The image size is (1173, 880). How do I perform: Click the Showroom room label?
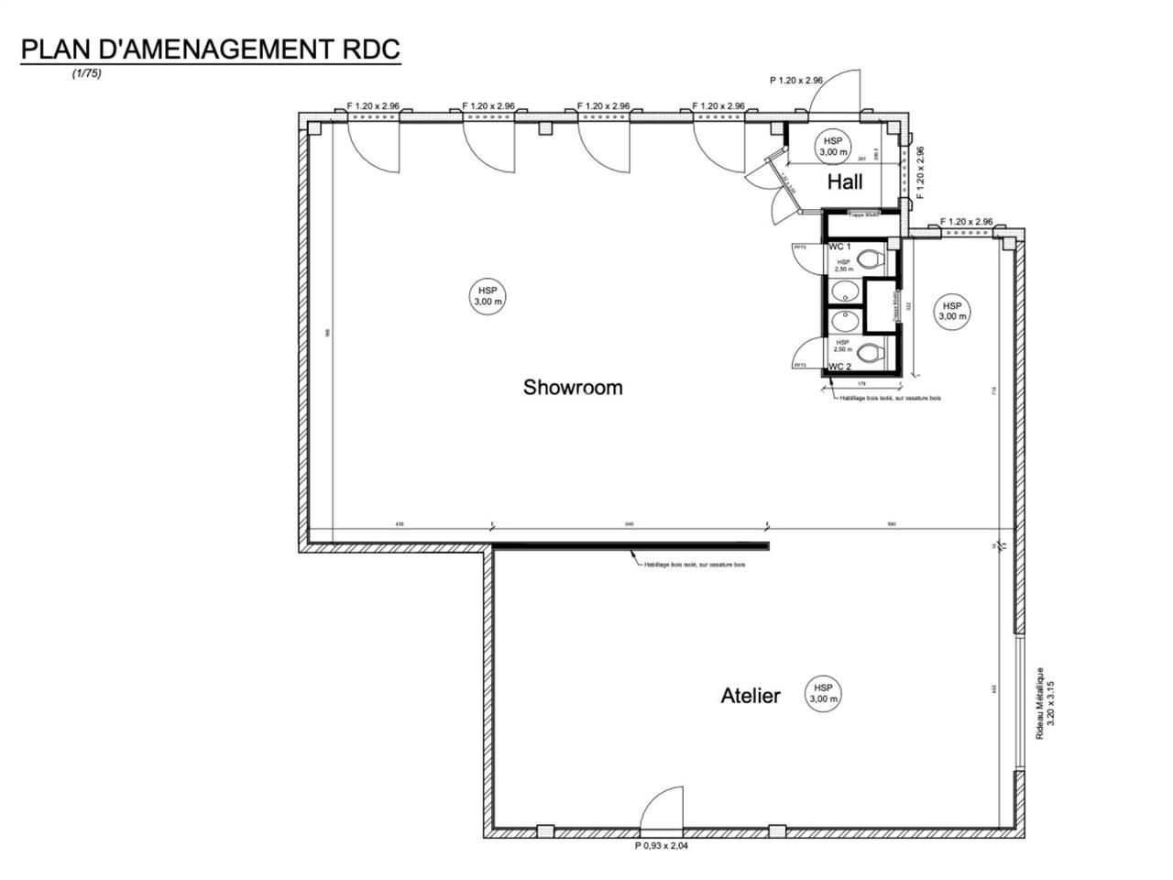(x=572, y=387)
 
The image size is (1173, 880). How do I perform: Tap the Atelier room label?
(x=750, y=696)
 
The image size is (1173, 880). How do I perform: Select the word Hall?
(x=844, y=181)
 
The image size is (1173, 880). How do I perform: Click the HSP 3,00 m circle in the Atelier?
(x=822, y=693)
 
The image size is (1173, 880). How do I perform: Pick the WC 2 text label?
(x=839, y=366)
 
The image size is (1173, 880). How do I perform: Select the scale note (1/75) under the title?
(x=86, y=74)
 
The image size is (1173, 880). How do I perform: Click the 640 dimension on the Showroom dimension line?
(x=629, y=524)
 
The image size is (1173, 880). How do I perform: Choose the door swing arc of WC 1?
(x=806, y=259)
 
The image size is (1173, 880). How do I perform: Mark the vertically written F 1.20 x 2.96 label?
(x=921, y=174)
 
